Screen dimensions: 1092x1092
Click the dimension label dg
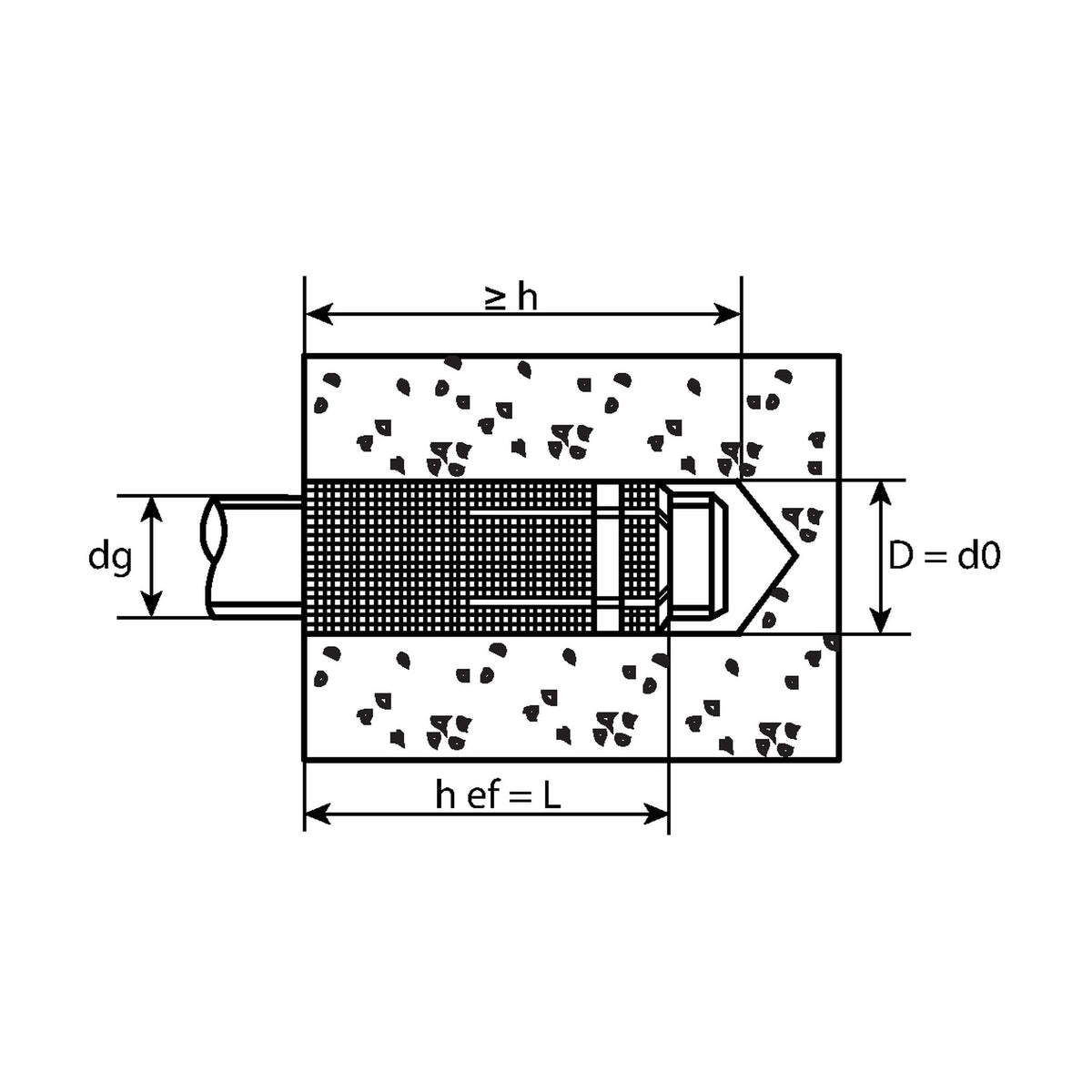point(110,559)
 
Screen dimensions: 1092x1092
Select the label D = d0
point(944,555)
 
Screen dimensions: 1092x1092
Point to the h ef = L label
point(498,795)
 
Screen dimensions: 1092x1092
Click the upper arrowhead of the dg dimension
point(151,508)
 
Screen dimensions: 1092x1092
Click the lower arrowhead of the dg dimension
point(151,604)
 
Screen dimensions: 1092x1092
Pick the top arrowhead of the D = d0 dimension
point(880,493)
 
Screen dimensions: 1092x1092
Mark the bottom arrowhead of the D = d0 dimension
point(880,621)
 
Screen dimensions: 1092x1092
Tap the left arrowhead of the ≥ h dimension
point(319,313)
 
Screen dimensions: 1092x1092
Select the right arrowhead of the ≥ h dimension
point(727,313)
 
